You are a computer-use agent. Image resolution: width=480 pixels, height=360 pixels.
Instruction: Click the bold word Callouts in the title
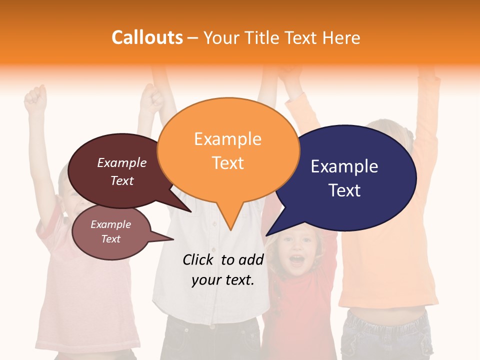tap(147, 37)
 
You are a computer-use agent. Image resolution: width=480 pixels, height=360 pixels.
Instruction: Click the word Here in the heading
tap(342, 37)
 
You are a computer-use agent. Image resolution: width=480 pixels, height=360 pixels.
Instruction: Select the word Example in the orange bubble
tap(227, 139)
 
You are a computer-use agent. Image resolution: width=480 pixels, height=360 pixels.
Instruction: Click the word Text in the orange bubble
tap(227, 163)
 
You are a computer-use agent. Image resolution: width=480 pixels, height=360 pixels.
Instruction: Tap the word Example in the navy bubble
tap(344, 166)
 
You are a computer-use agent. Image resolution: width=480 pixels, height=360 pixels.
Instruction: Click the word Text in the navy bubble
tap(344, 190)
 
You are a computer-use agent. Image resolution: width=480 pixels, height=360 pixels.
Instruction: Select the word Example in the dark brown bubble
tap(121, 162)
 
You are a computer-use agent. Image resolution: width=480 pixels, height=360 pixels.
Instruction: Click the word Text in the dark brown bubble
tap(121, 180)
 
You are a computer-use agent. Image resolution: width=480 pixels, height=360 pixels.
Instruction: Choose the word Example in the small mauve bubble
tap(110, 224)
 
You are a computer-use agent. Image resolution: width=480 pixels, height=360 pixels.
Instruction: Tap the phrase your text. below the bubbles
tap(222, 280)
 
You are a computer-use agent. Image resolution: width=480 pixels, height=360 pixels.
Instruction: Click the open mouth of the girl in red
tap(297, 259)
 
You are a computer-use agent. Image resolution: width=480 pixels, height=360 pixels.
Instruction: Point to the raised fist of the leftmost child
tap(35, 95)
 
